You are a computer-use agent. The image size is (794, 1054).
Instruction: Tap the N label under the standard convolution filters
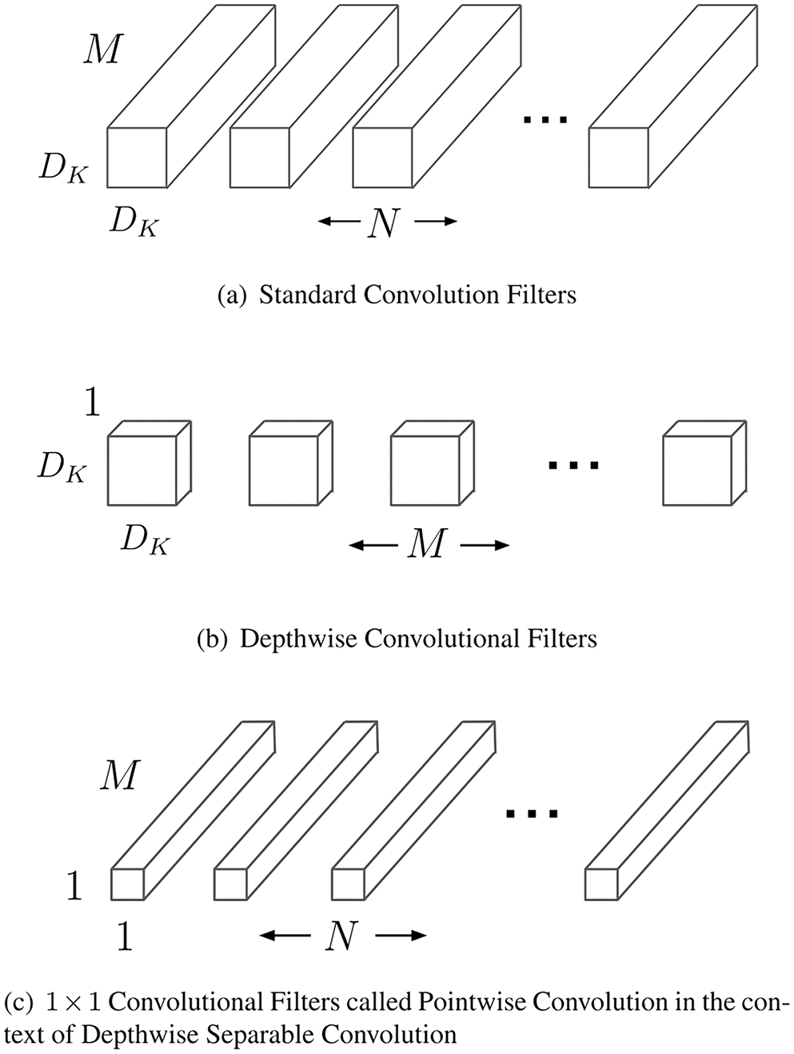tap(384, 223)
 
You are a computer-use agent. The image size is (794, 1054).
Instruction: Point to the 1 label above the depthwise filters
tap(92, 403)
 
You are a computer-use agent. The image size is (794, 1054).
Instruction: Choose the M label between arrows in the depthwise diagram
tap(427, 546)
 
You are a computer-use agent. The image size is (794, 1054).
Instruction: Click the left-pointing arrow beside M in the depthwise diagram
tap(373, 547)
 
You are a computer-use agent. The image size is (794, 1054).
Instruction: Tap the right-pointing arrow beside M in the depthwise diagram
tap(485, 547)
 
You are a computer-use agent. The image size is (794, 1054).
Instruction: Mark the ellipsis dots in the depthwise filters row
tap(573, 464)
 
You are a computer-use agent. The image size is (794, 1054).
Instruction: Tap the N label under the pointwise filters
tap(341, 934)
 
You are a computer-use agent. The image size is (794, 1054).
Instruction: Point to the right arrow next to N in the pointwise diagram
tap(400, 934)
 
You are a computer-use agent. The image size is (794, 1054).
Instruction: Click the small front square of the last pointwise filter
tap(601, 884)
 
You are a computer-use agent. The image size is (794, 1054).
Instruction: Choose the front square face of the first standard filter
tap(137, 157)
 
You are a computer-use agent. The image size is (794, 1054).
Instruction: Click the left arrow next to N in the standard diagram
tap(338, 222)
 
